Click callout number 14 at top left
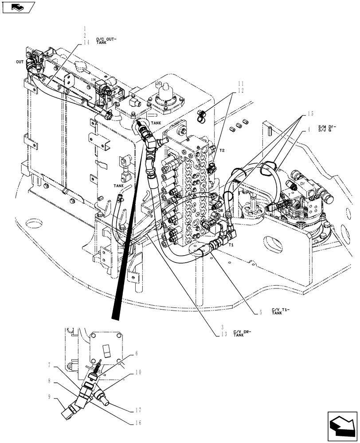tap(86, 43)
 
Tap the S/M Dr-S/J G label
tap(327, 129)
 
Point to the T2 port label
tap(222, 151)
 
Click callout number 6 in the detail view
tap(137, 353)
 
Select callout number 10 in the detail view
tap(138, 373)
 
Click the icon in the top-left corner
tap(18, 8)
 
